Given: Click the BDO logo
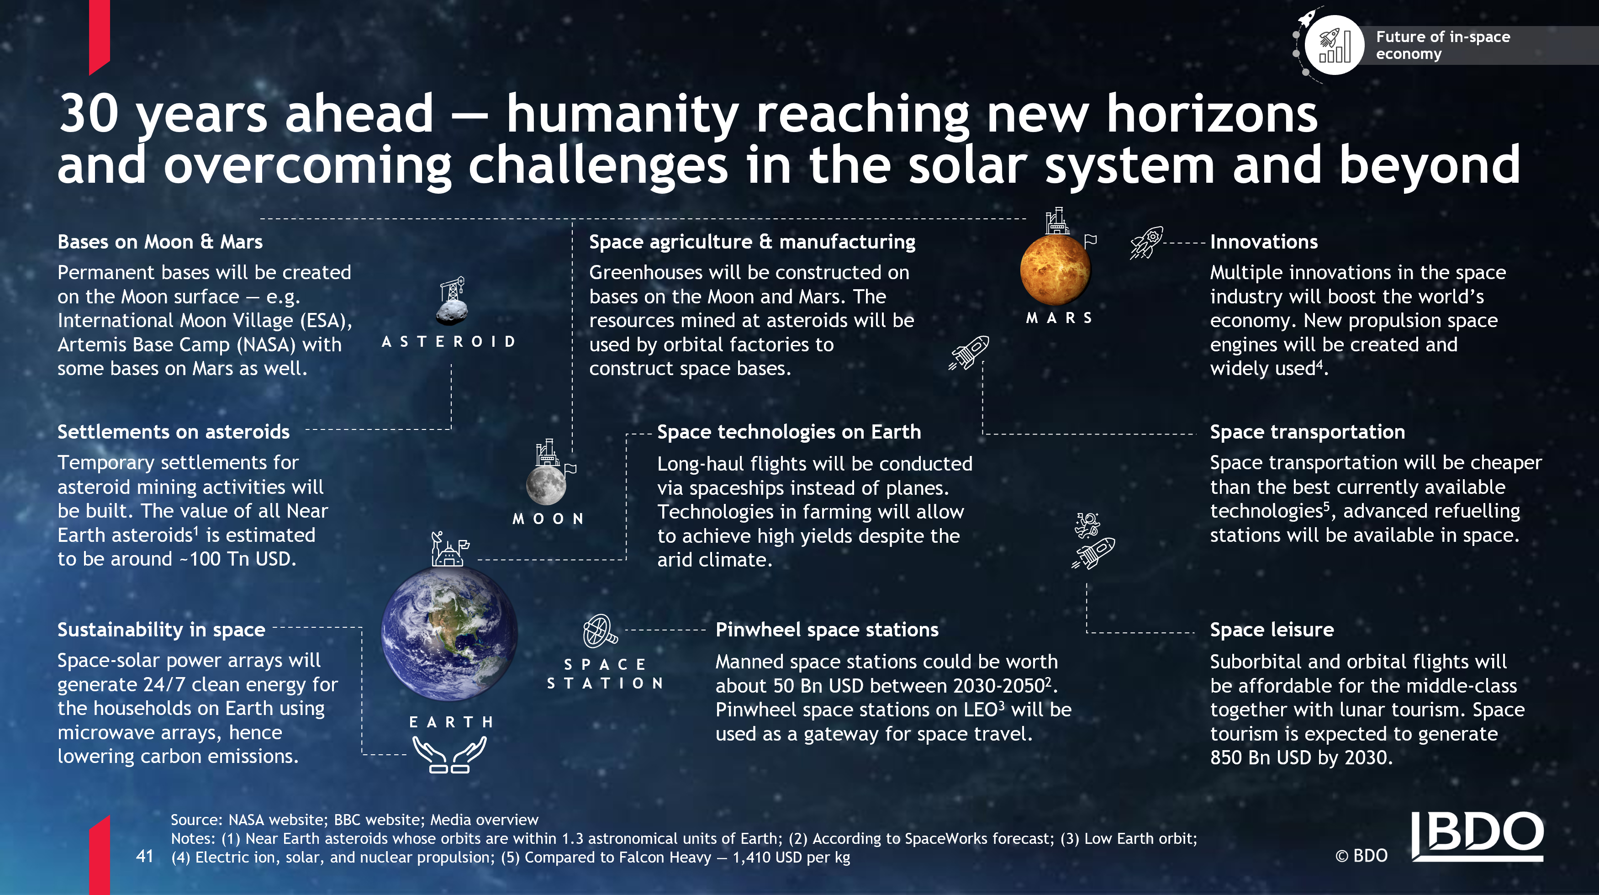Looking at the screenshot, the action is [x=1478, y=836].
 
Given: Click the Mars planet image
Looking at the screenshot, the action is [x=1055, y=271].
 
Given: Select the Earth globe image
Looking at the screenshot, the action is [x=449, y=634].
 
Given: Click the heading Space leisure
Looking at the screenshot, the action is [x=1272, y=630].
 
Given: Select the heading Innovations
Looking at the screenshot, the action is [x=1264, y=242].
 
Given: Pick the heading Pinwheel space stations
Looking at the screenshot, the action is [x=827, y=630].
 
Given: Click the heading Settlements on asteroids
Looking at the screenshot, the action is [x=173, y=432].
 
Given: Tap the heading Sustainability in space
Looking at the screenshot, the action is [x=161, y=630].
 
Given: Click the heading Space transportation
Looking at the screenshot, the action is [x=1307, y=432].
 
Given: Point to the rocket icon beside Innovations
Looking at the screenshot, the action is [x=1146, y=243].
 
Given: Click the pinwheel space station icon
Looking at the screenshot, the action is [x=600, y=631].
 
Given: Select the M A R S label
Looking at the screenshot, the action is [x=1059, y=318].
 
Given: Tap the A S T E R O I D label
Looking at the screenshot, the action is [x=449, y=342].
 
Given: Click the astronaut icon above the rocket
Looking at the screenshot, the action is [x=1087, y=525].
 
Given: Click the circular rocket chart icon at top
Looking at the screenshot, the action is [x=1335, y=45].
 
